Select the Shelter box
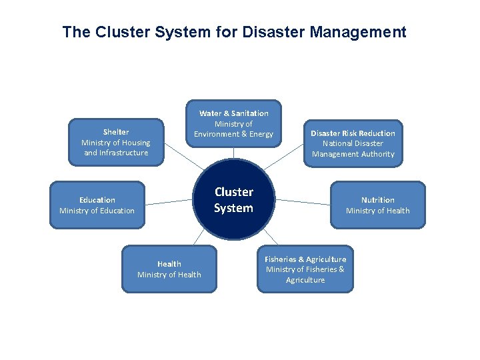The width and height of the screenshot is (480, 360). [116, 142]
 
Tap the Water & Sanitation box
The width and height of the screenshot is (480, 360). [233, 123]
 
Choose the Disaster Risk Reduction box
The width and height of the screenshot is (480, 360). [353, 143]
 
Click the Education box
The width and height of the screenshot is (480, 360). [97, 205]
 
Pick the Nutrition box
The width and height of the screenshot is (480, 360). [377, 205]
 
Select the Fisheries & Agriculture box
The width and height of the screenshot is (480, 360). [305, 269]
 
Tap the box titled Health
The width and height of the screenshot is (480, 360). [169, 269]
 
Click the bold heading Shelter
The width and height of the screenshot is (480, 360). [116, 132]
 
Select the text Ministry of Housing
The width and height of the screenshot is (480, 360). [116, 143]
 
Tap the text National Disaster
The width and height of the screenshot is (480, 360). [353, 143]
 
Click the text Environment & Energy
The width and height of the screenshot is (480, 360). [233, 135]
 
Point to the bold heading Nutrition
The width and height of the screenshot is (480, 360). [377, 200]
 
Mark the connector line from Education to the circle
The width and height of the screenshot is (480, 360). [168, 201]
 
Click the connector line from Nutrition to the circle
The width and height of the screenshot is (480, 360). [303, 201]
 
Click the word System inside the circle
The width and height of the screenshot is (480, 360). [233, 208]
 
